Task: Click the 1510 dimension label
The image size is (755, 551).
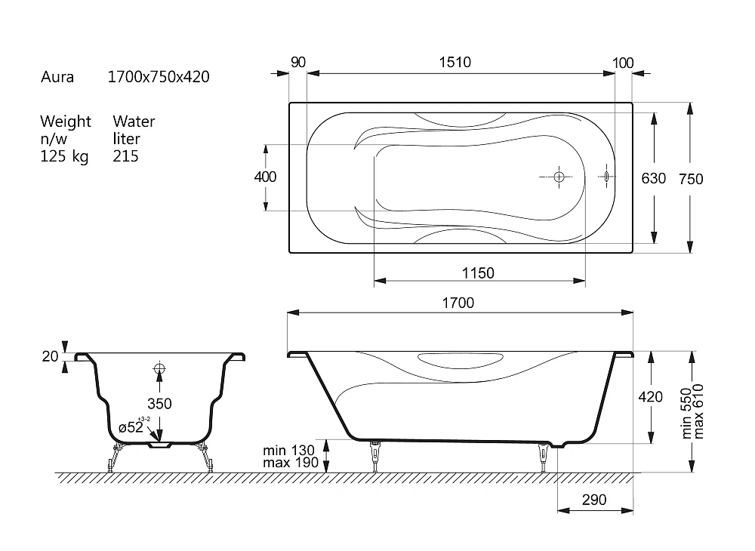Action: coord(455,62)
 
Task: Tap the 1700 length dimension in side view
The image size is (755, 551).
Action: coord(458,303)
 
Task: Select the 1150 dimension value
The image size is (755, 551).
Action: coord(478,272)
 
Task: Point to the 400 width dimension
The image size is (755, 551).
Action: coord(265,177)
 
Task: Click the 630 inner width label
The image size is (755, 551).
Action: coord(653,178)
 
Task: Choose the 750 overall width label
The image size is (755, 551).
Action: coord(691,179)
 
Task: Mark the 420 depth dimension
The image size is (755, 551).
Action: coord(651,396)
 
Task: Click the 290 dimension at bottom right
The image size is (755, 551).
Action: coord(594,500)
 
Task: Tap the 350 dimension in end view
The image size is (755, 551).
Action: coord(159,403)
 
